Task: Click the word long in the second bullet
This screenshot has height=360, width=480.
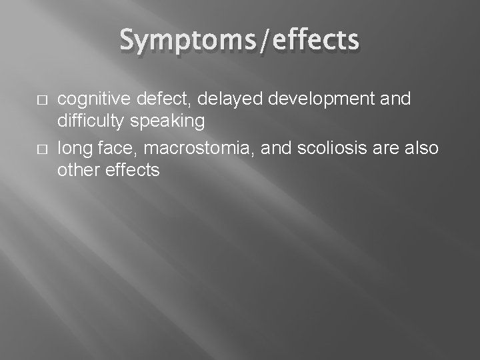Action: coord(72,147)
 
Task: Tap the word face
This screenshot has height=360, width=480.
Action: coord(111,147)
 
